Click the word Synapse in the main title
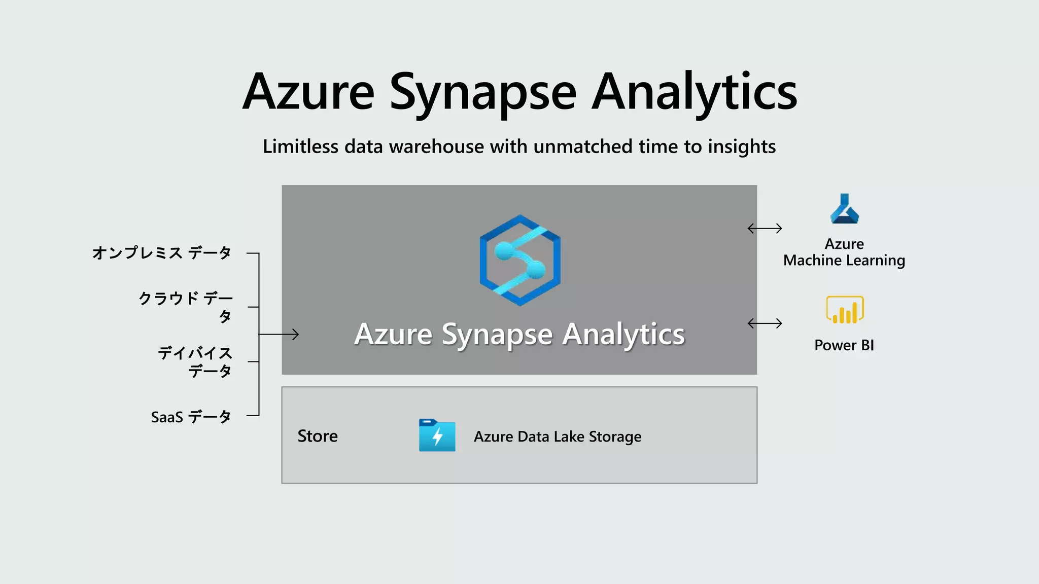click(483, 92)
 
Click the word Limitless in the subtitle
click(300, 147)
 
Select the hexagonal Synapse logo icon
click(520, 260)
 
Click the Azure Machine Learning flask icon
click(844, 209)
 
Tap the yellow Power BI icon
click(845, 310)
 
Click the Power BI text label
click(844, 345)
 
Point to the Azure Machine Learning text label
click(844, 252)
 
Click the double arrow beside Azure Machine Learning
click(765, 229)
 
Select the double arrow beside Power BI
click(765, 323)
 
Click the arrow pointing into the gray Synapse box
click(284, 334)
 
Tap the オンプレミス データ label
click(161, 252)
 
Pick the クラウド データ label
click(186, 306)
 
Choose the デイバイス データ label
click(195, 361)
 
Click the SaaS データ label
click(191, 417)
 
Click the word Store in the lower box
click(318, 436)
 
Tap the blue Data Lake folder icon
click(437, 435)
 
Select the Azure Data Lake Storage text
click(557, 436)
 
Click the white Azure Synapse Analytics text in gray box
click(519, 334)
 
